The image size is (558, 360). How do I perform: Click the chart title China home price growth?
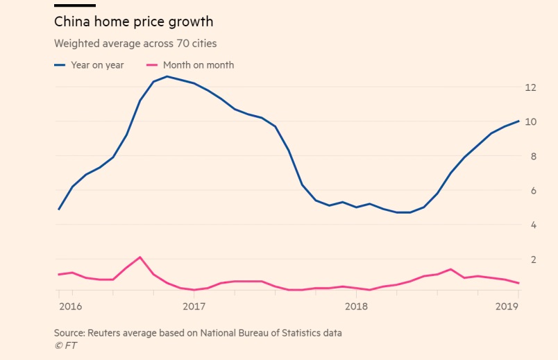(133, 22)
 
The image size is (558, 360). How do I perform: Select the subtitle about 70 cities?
(135, 44)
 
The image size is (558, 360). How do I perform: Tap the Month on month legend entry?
(190, 65)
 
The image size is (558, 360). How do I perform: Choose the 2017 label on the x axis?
(194, 306)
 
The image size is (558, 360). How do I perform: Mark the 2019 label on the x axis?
(507, 306)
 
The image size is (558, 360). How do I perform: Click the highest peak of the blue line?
(167, 76)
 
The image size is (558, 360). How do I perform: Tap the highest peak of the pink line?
(140, 257)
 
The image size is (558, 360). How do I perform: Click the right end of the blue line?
(519, 121)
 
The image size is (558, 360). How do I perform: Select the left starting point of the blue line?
(58, 209)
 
